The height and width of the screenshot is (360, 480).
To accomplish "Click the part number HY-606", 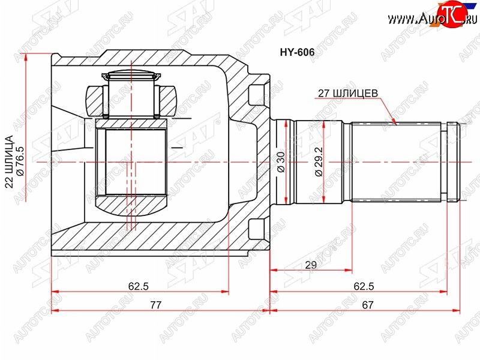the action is tap(297, 52).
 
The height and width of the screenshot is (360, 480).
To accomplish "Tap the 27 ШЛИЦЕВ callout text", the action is tap(348, 93).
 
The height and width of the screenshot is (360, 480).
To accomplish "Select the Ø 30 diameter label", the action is tap(281, 161).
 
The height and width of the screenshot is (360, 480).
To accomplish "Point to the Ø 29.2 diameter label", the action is tap(319, 161).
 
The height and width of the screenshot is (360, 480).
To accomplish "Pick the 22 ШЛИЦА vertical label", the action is tap(10, 161).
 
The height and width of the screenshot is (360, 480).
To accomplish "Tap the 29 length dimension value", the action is tap(311, 265).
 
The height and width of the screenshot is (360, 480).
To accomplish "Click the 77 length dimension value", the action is tap(155, 305).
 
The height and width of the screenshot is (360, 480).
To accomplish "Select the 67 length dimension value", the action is tap(367, 305).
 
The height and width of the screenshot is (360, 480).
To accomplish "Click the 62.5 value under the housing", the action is tap(139, 286).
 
